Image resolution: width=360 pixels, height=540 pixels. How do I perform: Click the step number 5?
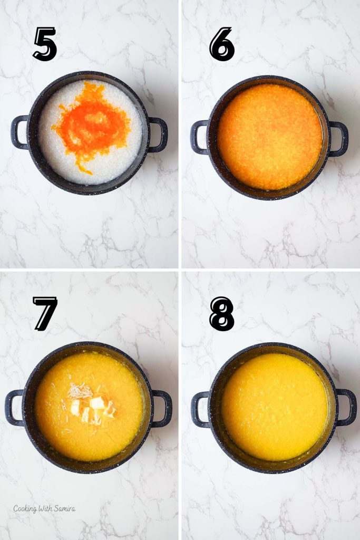(45, 44)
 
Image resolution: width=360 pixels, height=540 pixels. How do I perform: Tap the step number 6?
(222, 44)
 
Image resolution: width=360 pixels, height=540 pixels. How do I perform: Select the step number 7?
(45, 313)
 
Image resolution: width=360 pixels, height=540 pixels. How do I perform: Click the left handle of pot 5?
(19, 132)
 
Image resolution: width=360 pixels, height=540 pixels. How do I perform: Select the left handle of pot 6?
(199, 137)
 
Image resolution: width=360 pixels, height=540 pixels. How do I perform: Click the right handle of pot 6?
(339, 139)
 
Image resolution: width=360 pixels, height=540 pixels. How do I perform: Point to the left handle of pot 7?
(14, 408)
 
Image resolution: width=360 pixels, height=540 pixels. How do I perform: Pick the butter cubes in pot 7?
(90, 407)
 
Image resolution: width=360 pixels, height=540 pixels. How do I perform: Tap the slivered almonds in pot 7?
(80, 391)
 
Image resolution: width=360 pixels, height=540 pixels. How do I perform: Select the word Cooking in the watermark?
(25, 509)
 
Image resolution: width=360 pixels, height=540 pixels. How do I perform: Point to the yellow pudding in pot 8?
(274, 406)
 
